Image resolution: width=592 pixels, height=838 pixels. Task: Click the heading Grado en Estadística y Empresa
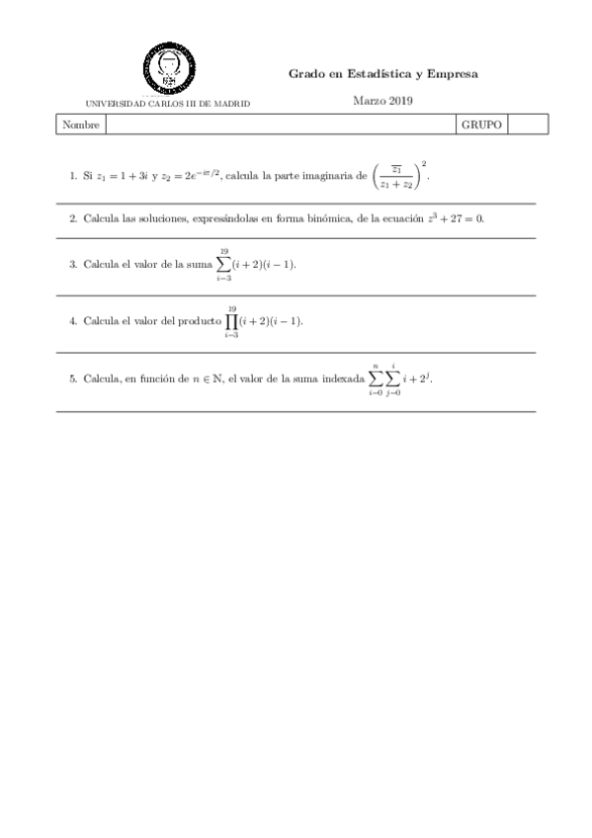(382, 73)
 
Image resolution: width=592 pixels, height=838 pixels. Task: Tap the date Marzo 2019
(382, 100)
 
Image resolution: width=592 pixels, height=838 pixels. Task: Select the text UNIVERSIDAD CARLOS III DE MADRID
(168, 103)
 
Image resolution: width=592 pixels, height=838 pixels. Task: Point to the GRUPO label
(481, 126)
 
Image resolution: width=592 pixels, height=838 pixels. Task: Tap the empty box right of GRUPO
(527, 126)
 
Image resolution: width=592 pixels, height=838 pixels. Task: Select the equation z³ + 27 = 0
(455, 218)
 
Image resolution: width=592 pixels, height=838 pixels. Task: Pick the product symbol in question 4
(231, 322)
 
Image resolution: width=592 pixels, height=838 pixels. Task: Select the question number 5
(72, 378)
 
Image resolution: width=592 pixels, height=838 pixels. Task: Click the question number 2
(72, 218)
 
